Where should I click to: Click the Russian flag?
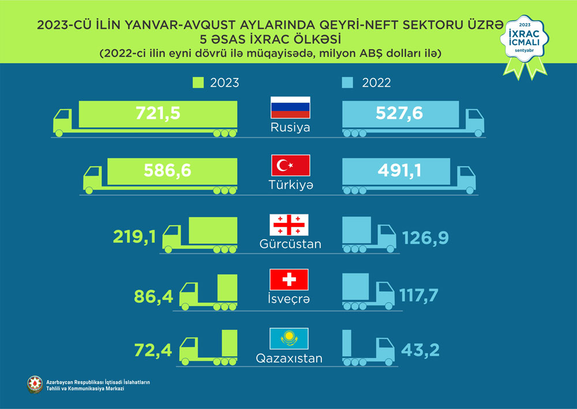pyautogui.click(x=290, y=109)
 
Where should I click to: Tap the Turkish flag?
pyautogui.click(x=291, y=166)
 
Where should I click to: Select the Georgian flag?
pyautogui.click(x=290, y=224)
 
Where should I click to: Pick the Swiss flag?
pyautogui.click(x=290, y=280)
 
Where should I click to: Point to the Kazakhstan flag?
pyautogui.click(x=290, y=337)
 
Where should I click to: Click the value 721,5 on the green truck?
pyautogui.click(x=158, y=113)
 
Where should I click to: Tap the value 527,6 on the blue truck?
pyautogui.click(x=399, y=113)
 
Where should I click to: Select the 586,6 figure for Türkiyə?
pyautogui.click(x=167, y=171)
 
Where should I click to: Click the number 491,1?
pyautogui.click(x=399, y=171)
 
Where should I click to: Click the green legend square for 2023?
pyautogui.click(x=198, y=83)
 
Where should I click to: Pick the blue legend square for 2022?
pyautogui.click(x=347, y=83)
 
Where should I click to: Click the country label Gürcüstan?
pyautogui.click(x=290, y=244)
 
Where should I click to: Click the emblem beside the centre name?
pyautogui.click(x=35, y=385)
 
